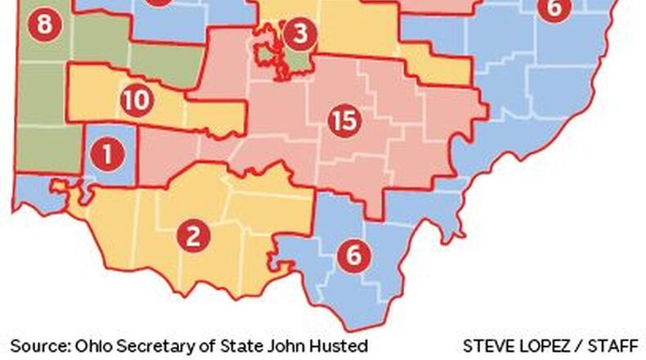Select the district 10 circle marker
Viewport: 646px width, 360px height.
click(136, 101)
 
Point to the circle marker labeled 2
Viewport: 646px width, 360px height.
click(193, 236)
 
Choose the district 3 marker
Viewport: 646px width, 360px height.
click(300, 34)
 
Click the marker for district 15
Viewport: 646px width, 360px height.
click(344, 121)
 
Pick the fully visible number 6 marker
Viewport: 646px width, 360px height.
click(353, 254)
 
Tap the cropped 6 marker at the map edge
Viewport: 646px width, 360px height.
click(554, 8)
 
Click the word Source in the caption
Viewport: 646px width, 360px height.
click(36, 345)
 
